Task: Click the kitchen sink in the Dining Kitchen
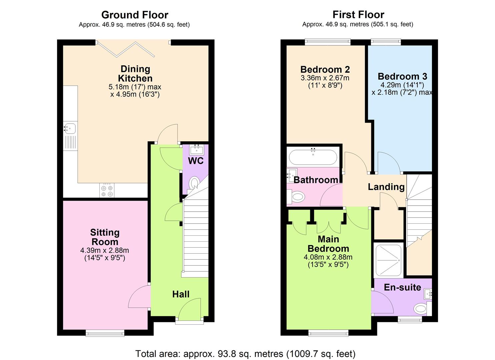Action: (x=70, y=128)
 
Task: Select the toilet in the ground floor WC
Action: (x=194, y=183)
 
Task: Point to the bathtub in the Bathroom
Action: (x=313, y=157)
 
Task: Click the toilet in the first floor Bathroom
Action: (x=296, y=197)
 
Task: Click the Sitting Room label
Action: (x=105, y=237)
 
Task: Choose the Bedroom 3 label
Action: (x=402, y=76)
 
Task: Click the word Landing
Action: (x=386, y=187)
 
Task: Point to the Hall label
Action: (x=181, y=294)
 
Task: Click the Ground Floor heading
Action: (x=135, y=15)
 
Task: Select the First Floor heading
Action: (x=358, y=15)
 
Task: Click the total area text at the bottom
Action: (x=245, y=353)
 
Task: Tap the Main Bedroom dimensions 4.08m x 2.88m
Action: (x=328, y=257)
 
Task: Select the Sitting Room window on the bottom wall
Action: (x=105, y=332)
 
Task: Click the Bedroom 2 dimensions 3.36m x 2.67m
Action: (x=325, y=78)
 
